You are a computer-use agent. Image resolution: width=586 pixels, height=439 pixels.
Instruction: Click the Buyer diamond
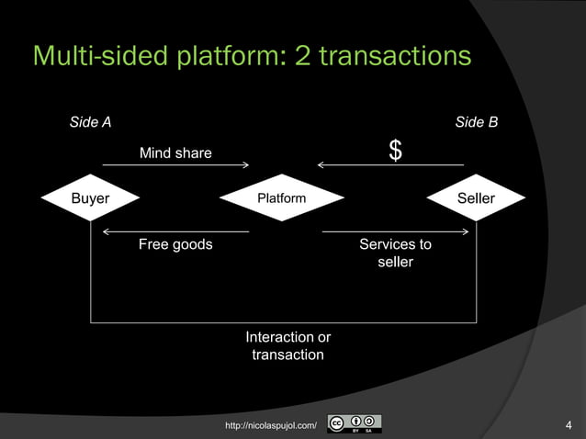point(90,198)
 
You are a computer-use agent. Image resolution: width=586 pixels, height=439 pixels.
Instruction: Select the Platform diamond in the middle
point(281,198)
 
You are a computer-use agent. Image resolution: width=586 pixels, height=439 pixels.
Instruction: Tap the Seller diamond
point(476,198)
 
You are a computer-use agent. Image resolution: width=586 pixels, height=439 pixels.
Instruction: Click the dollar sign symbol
point(395,152)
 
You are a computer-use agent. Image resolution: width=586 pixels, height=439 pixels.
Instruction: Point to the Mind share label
point(175,152)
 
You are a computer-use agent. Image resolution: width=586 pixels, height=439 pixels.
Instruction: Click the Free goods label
point(175,244)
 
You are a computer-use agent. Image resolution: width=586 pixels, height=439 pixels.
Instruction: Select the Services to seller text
point(395,253)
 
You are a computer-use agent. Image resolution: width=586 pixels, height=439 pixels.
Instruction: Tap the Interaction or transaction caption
point(287,346)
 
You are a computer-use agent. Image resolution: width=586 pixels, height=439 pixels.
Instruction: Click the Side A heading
point(91,122)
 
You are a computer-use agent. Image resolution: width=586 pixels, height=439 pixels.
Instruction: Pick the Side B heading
point(476,122)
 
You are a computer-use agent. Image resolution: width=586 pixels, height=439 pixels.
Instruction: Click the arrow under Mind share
point(175,165)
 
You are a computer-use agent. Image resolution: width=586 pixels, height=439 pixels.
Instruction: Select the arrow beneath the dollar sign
point(389,165)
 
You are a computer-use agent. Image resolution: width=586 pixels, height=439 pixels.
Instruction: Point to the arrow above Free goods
point(175,231)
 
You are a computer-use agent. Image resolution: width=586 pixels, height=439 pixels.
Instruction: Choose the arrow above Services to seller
point(396,231)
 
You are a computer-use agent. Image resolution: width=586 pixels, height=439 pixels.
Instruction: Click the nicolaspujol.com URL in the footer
point(271,425)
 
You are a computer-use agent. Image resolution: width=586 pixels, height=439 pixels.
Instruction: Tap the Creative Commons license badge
point(355,424)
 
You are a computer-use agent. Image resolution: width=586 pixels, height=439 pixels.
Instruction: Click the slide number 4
point(569,424)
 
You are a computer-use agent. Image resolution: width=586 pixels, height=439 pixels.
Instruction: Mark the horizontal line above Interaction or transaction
point(283,322)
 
